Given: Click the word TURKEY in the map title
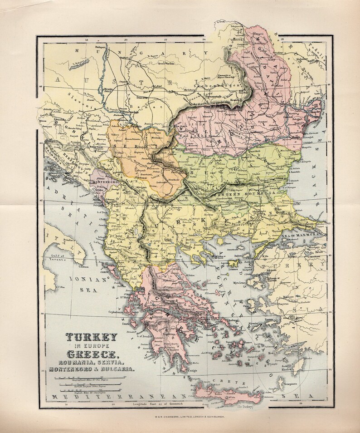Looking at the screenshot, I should [92, 337].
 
